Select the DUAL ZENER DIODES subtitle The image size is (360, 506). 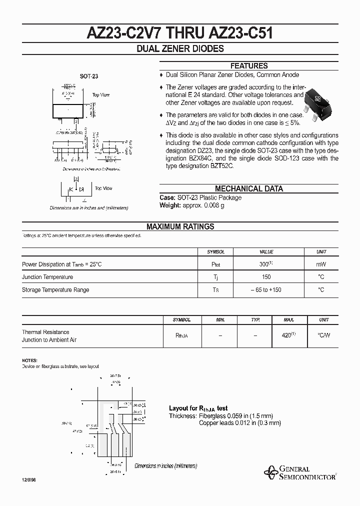(180, 49)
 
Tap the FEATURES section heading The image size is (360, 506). (248, 66)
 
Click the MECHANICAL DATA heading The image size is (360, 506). (248, 188)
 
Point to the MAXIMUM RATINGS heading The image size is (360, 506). (180, 226)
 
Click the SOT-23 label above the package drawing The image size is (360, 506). (89, 76)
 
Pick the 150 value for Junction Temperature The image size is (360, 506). (266, 276)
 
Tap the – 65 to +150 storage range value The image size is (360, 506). (266, 289)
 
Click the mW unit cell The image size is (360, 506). (321, 263)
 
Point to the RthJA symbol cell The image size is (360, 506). (181, 336)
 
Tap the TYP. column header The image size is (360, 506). (255, 319)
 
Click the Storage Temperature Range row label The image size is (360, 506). (55, 289)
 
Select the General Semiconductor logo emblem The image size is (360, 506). (270, 472)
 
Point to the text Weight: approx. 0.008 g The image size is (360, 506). (191, 205)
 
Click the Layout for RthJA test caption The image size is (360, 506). (198, 408)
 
